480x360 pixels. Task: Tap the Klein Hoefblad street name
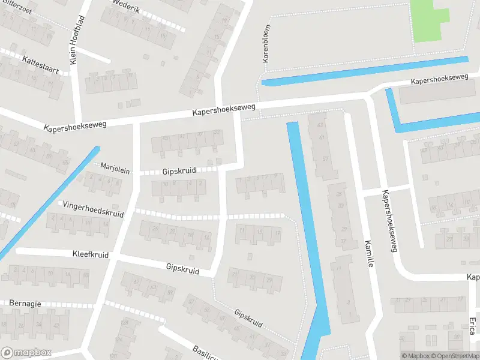coord(77,40)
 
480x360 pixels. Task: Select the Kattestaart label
coord(40,64)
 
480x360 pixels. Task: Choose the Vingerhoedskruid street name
coord(93,209)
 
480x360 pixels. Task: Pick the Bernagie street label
coord(25,304)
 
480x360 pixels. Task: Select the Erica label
coord(472,326)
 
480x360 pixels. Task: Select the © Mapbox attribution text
coord(416,356)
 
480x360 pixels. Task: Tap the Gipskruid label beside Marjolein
coord(179,171)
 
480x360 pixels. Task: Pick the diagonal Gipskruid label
coord(248,319)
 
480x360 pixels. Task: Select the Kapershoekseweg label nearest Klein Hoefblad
coord(75,126)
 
